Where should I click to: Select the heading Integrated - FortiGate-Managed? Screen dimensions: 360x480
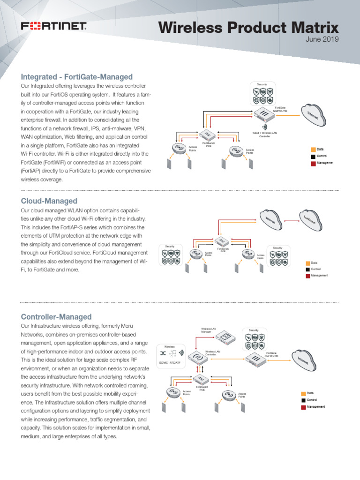click(76, 77)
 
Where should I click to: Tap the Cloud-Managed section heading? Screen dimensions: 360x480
click(49, 201)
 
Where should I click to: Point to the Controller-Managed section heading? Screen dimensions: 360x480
click(56, 317)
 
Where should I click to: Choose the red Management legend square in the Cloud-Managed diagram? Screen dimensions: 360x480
click(307, 276)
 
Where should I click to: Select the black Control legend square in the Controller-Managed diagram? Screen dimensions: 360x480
click(303, 400)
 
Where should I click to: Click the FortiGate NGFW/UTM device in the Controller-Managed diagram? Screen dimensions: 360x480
click(257, 360)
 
